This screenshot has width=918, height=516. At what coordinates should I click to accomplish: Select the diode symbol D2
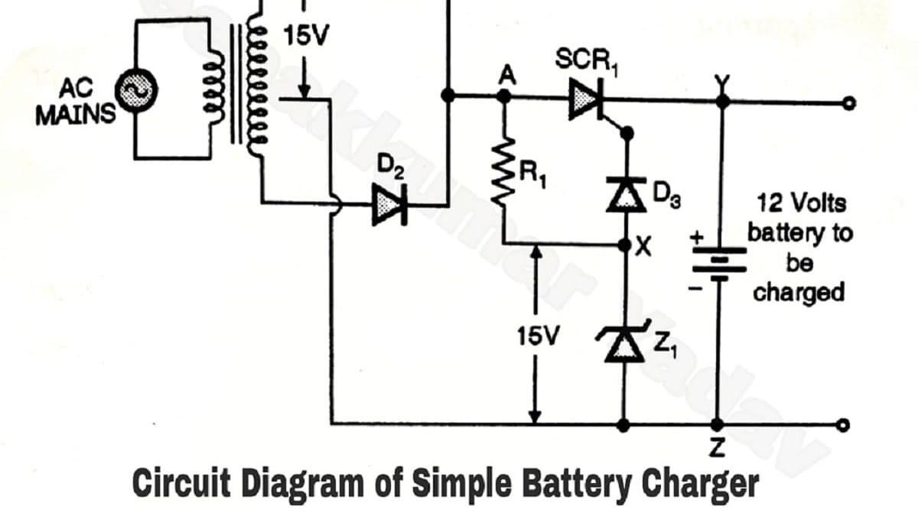click(389, 205)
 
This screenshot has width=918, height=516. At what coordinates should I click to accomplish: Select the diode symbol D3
click(626, 191)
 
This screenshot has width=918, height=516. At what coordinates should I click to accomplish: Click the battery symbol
click(718, 262)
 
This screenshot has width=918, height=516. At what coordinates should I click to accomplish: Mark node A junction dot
click(504, 96)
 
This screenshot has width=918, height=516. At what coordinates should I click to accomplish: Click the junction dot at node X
click(626, 245)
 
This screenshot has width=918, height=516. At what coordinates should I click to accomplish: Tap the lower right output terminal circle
click(842, 425)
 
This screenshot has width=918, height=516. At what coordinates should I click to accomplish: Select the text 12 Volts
click(801, 204)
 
